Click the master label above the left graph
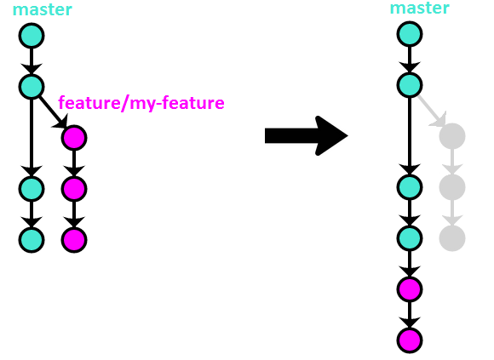coord(43,9)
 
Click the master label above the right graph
coord(419,8)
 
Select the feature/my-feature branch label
coord(141,103)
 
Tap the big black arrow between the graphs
coord(307,135)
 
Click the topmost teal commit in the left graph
coord(32,36)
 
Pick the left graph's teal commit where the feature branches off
coord(32,87)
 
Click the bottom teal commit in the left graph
coord(32,240)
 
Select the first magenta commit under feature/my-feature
coord(74,138)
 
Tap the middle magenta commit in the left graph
coord(74,189)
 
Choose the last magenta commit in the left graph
coord(74,240)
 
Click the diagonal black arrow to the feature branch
coord(53,112)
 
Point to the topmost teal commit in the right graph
coord(410,34)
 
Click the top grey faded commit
coord(452,136)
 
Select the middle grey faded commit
coord(452,187)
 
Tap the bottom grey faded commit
coord(452,238)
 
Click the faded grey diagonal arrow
coord(431,111)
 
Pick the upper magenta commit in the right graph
coord(410,289)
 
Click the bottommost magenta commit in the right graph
coord(410,340)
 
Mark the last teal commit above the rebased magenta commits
coord(410,238)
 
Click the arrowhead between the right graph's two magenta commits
coord(410,322)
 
